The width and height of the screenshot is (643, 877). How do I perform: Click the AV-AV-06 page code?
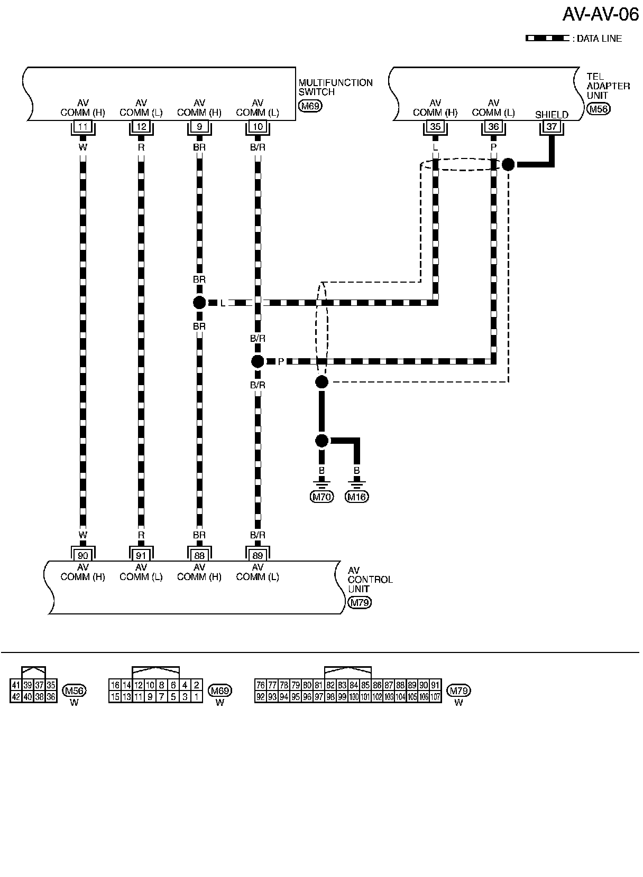coord(600,14)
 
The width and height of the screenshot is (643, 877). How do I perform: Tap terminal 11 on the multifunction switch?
coord(83,127)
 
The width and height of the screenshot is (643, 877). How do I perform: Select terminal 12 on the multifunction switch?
coord(141,127)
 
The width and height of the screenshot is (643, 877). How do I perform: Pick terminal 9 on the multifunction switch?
coord(199,127)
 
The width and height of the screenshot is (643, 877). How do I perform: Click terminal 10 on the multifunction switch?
coord(258,127)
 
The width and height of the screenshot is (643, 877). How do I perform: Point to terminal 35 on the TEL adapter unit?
coord(435,127)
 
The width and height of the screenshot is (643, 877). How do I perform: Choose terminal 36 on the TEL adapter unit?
coord(493,127)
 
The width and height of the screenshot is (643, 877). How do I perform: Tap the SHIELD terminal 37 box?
coord(552,127)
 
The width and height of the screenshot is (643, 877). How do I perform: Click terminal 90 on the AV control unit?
coord(83,555)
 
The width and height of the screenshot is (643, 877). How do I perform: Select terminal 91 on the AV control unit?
coord(141,555)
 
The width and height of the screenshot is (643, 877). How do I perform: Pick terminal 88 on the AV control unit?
coord(199,555)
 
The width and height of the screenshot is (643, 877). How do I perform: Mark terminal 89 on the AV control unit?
coord(258,555)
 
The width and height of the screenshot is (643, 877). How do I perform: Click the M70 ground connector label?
coord(321,497)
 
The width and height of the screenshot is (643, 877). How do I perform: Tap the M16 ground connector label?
coord(357,497)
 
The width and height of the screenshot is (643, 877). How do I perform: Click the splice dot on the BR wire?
coord(199,303)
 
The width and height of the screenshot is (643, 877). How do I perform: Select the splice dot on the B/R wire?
coord(258,361)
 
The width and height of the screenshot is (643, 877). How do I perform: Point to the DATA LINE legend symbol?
coord(547,39)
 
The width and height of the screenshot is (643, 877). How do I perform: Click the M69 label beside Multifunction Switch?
coord(310,106)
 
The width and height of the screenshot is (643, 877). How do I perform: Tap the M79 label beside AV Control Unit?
coord(360,603)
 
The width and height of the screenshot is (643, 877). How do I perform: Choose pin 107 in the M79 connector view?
coord(435,697)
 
